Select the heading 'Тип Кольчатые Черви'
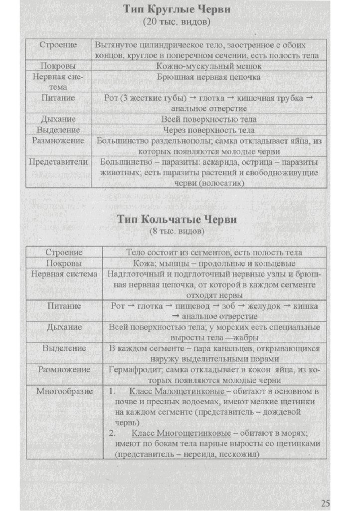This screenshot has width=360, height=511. tap(177, 220)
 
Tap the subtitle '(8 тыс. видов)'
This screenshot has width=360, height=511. tap(177, 232)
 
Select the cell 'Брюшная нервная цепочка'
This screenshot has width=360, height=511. tap(208, 78)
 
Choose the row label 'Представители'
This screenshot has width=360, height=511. tap(58, 162)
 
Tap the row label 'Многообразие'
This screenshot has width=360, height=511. tap(64, 391)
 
